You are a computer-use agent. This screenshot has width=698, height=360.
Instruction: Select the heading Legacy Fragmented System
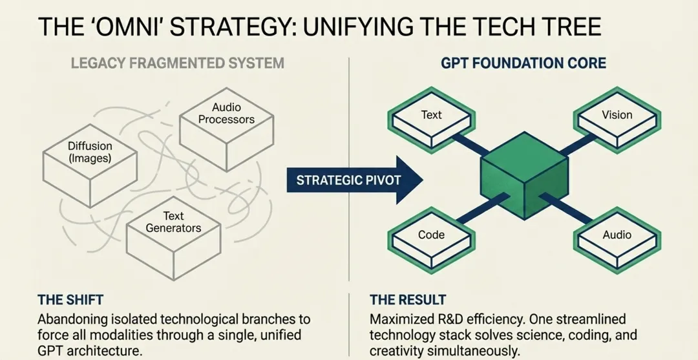(177, 63)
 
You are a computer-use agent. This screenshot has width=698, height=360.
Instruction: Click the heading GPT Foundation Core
(523, 63)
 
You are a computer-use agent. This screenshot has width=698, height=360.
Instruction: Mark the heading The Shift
(70, 301)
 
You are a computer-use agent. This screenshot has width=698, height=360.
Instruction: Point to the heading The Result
(407, 301)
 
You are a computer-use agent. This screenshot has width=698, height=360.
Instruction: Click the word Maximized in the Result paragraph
(401, 319)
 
